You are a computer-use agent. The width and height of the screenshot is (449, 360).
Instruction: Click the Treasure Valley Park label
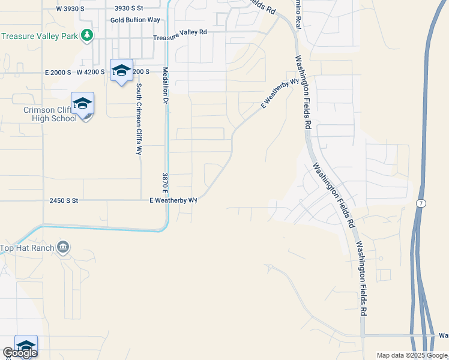40,36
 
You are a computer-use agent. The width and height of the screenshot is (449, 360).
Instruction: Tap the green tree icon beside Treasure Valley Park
88,35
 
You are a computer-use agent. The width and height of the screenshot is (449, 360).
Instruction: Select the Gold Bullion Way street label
135,20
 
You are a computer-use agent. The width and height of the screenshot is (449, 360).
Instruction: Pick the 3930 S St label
129,8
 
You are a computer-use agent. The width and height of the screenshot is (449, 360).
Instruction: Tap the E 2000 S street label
58,72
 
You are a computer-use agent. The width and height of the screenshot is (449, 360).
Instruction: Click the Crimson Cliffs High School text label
50,114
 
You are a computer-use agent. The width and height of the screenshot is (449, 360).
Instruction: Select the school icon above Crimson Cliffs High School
82,103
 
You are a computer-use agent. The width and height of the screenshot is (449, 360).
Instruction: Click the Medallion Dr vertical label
165,86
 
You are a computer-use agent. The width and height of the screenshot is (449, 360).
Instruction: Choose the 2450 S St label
64,201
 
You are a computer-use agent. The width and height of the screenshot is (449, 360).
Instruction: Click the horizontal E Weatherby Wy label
173,200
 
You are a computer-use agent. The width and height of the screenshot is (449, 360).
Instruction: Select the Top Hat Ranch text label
27,248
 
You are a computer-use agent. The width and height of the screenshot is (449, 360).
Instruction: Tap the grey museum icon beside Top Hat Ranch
63,247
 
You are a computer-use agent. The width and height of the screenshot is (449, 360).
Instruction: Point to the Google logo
20,353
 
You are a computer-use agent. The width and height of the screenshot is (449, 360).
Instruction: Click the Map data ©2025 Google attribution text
412,355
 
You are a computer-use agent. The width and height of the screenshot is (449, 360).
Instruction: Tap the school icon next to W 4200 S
121,70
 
